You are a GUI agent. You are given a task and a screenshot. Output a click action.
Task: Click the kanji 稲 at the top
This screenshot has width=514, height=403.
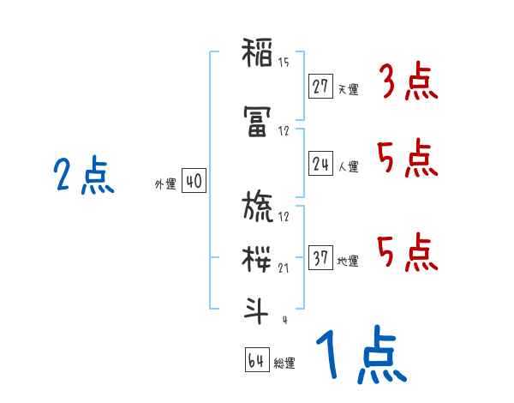click(x=258, y=54)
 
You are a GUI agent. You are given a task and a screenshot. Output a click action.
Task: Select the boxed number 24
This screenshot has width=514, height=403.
click(x=320, y=165)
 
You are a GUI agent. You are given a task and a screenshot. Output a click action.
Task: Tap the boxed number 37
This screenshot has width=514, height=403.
click(x=320, y=259)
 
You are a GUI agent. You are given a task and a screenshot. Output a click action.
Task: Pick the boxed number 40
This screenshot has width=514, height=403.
click(x=194, y=183)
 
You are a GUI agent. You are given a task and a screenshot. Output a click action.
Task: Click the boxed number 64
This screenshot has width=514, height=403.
click(x=256, y=361)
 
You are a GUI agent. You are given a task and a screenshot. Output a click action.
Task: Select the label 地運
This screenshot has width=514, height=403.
click(x=348, y=262)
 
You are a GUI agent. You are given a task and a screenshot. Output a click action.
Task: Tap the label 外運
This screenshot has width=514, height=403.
click(x=164, y=184)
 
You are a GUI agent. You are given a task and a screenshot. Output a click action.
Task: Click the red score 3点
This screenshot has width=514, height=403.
click(x=408, y=83)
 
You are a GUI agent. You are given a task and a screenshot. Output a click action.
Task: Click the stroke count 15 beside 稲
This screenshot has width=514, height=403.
click(x=284, y=62)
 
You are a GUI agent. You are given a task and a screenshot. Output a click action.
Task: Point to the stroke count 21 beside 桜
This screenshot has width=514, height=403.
click(x=284, y=268)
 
